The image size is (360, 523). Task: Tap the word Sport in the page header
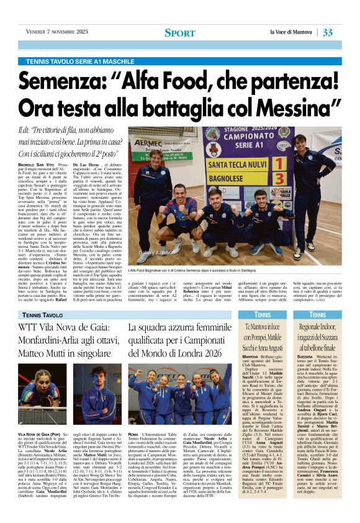pos(179,32)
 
